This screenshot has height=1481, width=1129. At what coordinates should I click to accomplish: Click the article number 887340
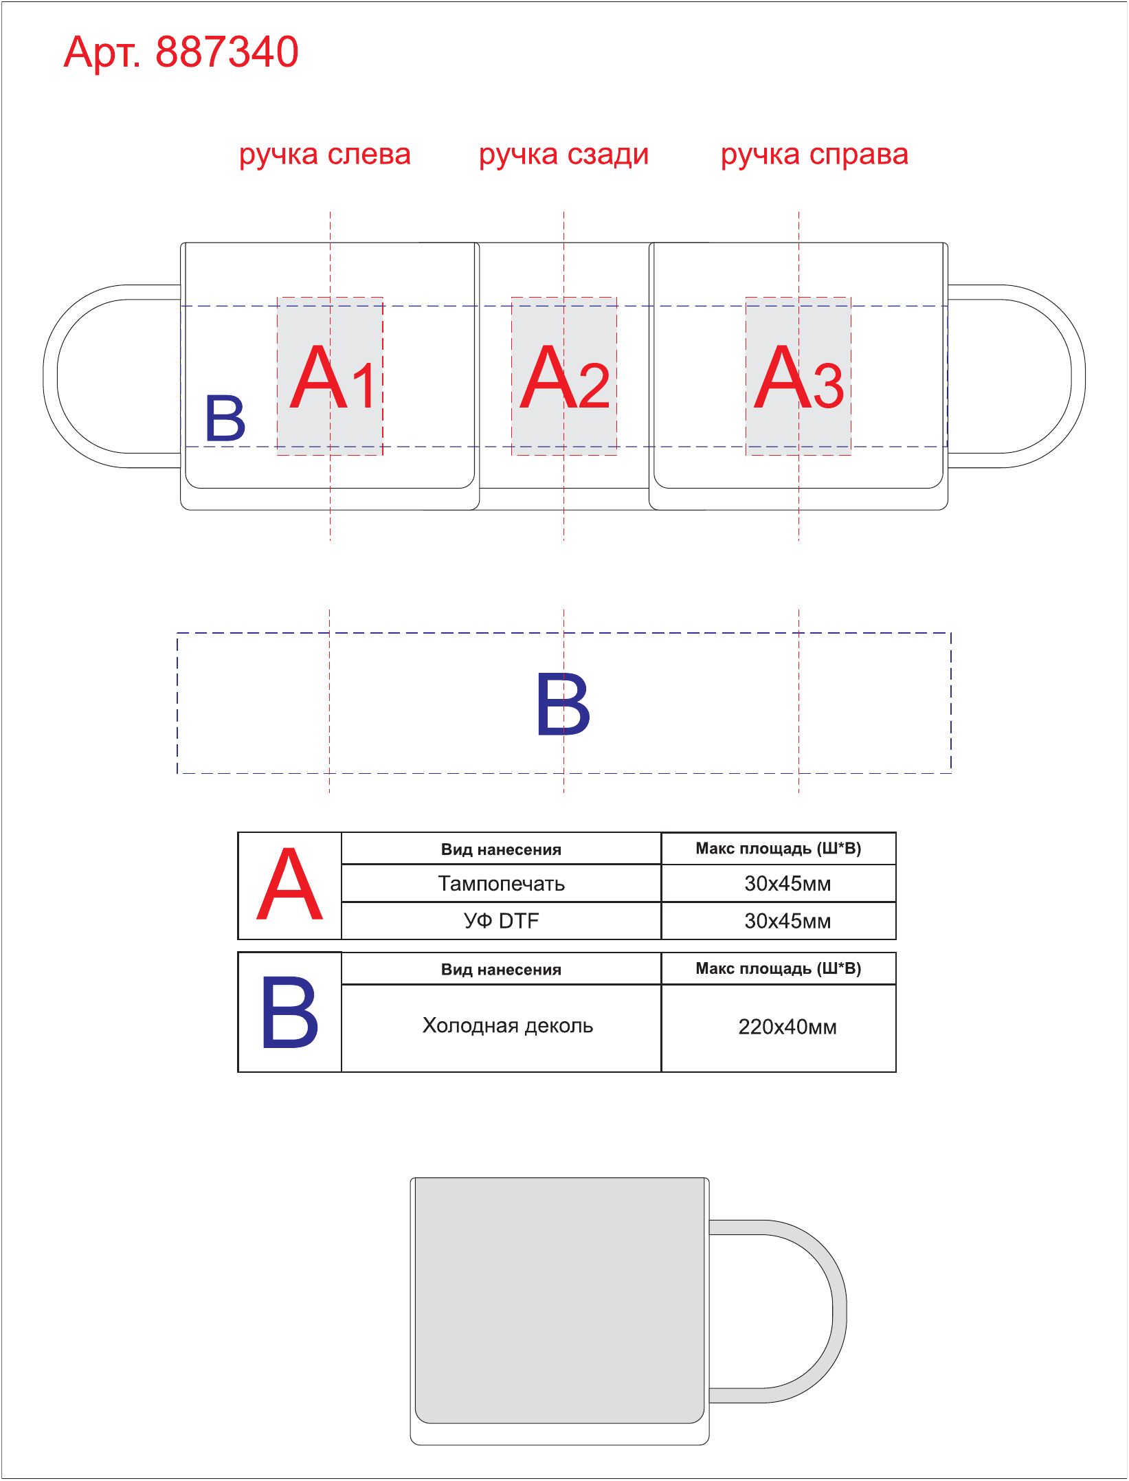[x=227, y=52]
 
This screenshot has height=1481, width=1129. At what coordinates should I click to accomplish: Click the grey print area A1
[x=330, y=376]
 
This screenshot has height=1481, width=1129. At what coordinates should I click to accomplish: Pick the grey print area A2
[x=564, y=376]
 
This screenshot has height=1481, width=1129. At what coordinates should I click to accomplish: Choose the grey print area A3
[x=798, y=376]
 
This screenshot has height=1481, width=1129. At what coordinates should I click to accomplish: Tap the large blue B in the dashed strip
[x=563, y=704]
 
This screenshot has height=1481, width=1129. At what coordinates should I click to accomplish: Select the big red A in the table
[x=289, y=884]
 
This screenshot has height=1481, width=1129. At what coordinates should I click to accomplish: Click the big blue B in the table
[x=289, y=1012]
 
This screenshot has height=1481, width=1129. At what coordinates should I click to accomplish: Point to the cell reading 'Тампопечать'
[x=501, y=883]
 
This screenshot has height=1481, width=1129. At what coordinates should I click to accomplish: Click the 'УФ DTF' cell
[x=501, y=921]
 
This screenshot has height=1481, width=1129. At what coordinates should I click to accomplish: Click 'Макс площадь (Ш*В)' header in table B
[x=779, y=968]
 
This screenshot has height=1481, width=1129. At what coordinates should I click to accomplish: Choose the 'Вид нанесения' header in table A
[x=501, y=849]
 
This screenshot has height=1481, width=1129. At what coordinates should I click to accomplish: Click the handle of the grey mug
[x=839, y=1311]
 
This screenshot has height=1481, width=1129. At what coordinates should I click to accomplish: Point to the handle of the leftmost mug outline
[x=50, y=377]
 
